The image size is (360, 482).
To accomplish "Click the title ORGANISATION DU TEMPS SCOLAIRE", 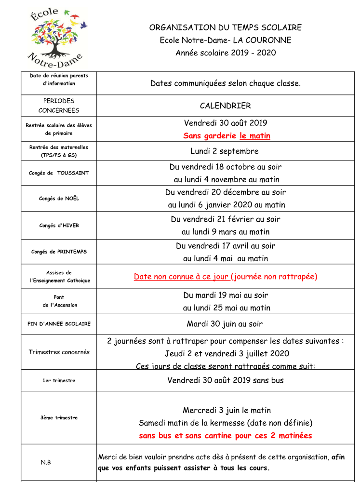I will click(226, 27).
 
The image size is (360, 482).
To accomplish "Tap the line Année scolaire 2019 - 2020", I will click(226, 53).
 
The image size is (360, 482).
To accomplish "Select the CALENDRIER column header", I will click(226, 106).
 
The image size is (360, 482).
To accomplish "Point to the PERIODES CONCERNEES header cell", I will click(59, 106).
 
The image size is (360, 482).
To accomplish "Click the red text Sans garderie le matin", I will click(227, 136).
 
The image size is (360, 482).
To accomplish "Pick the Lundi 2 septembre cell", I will click(225, 151).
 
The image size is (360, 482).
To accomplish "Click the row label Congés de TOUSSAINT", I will click(59, 173).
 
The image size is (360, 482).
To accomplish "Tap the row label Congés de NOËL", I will click(59, 199).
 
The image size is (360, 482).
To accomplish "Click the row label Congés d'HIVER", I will click(59, 225).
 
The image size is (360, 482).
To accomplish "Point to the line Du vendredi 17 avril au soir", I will click(226, 246).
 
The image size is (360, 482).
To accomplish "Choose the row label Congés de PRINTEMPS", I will click(59, 252).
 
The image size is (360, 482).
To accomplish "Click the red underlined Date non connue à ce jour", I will click(181, 277).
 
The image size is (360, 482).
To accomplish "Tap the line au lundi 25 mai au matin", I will click(227, 308).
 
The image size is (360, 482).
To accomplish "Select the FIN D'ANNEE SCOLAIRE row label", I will click(59, 324).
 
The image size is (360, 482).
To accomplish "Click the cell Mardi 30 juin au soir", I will click(225, 324).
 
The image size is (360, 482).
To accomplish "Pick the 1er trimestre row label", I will click(59, 380).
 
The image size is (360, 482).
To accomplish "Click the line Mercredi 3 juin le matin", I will click(227, 410).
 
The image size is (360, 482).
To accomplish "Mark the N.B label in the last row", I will click(46, 462).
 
